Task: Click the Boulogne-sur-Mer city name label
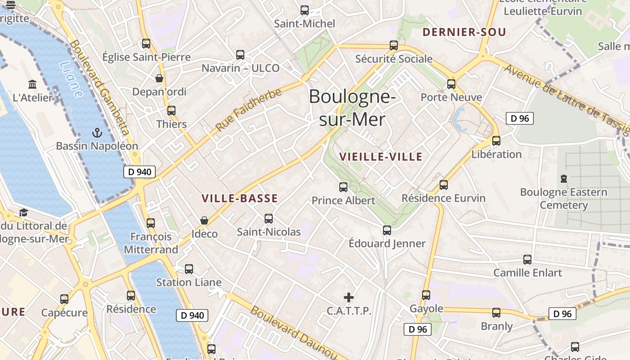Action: point(352,108)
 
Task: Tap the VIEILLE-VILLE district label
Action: point(381,157)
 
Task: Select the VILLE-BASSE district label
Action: point(239,198)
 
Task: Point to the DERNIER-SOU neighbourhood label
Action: point(464,32)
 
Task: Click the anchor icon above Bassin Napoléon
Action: point(97,133)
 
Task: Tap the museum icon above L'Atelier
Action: point(32,84)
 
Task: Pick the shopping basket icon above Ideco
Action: point(204,220)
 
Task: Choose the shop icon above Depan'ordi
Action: point(159,78)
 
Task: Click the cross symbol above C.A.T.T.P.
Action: point(349,297)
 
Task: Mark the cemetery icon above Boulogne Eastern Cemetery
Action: point(563,179)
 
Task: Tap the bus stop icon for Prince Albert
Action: point(343,187)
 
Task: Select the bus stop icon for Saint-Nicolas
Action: point(269,219)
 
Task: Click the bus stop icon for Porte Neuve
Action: point(451,84)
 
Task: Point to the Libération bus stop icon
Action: point(496,141)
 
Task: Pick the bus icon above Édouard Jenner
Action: point(387,230)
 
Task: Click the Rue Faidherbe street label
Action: point(248,110)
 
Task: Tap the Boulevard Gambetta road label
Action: point(100,88)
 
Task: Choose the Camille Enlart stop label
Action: point(527,273)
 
